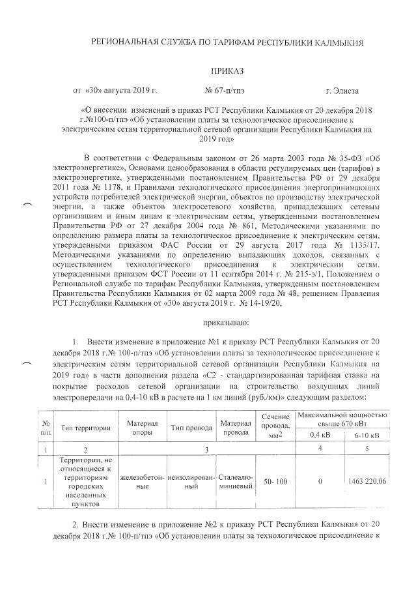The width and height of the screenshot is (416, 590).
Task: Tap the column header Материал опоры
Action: click(142, 428)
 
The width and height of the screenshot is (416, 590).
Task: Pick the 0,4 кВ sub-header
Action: click(319, 434)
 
